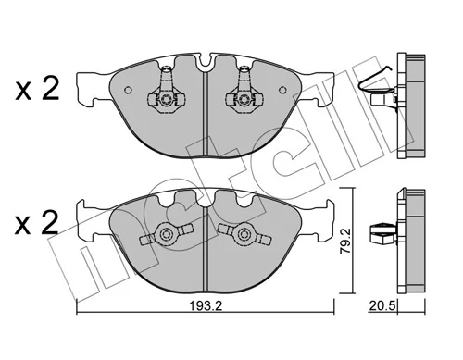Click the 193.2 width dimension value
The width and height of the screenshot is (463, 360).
206,306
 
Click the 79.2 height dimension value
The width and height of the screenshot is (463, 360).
345,241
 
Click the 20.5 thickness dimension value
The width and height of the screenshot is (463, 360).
382,306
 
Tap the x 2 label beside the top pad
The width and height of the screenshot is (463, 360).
37,89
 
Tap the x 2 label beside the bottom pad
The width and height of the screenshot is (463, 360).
37,223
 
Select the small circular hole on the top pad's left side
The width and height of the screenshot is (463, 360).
128,90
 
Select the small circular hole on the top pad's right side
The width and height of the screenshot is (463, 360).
282,90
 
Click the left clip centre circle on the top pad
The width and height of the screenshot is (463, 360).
167,99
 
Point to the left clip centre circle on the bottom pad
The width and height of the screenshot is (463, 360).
167,234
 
